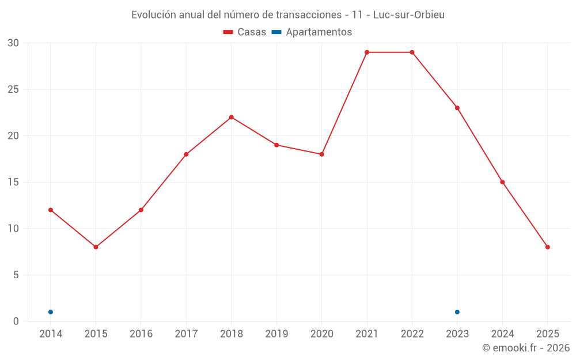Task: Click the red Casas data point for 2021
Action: point(366,52)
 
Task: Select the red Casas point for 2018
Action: point(231,117)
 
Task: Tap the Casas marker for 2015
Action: point(96,247)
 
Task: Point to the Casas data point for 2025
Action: point(547,247)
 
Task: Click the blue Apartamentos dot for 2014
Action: point(51,312)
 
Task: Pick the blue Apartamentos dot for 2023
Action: point(457,312)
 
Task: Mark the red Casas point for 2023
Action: point(457,108)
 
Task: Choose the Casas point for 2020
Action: point(321,154)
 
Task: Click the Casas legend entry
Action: point(245,32)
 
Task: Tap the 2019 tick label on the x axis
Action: point(276,334)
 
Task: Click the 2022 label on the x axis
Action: point(412,334)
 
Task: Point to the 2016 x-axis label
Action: point(141,334)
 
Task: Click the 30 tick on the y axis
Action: point(13,43)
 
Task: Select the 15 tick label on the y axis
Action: point(13,182)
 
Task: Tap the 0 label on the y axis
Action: point(16,321)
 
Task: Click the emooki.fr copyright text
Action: point(525,348)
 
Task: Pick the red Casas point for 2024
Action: point(502,182)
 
